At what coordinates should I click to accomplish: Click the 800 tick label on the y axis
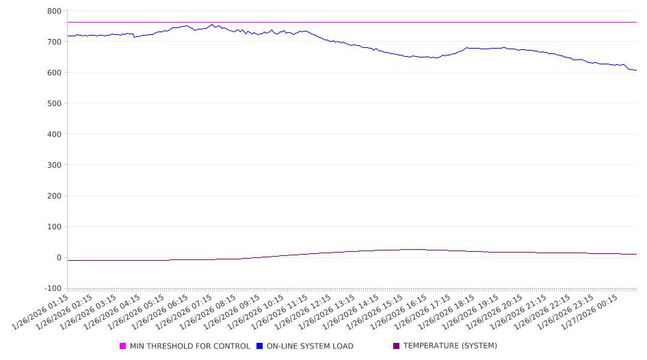coord(54,11)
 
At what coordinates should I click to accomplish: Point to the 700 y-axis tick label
coord(54,42)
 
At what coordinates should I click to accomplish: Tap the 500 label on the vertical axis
coord(54,103)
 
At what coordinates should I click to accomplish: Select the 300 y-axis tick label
coord(54,165)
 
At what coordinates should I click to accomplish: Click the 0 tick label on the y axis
coord(59,258)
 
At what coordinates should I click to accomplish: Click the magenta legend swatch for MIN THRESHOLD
coord(123,346)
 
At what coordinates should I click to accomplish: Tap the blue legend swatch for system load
coord(259,346)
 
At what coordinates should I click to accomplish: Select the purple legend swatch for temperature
coord(396,346)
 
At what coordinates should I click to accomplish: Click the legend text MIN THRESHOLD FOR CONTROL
coord(189,346)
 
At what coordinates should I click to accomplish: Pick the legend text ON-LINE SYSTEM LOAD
coord(310,346)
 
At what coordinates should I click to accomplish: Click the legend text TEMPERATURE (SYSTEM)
coord(450,346)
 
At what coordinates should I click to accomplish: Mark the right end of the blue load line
coord(636,70)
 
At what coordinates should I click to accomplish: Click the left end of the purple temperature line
coord(68,261)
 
